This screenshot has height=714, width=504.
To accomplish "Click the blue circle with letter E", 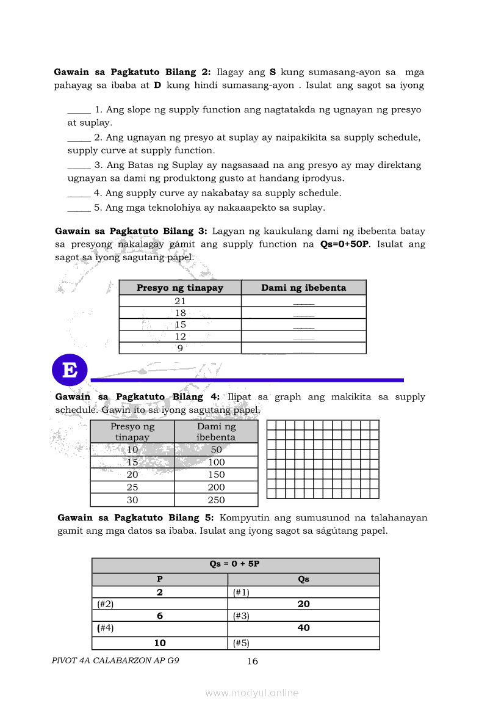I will [70, 370].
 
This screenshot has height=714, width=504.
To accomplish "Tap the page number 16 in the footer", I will [252, 661].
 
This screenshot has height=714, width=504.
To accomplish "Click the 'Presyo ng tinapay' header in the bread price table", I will [180, 288].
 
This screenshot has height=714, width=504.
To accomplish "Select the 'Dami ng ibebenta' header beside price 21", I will [303, 288].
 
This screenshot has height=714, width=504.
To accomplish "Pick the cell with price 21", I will [180, 301].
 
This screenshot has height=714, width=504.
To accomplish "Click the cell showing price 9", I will [180, 348].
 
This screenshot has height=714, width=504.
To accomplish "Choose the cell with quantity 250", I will [216, 500].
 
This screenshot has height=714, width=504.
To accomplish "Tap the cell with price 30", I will [132, 500].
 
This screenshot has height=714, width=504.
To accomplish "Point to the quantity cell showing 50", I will [216, 450].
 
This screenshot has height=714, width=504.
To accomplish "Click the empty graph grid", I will [323, 459].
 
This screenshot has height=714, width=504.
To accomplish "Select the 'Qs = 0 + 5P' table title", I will [236, 564].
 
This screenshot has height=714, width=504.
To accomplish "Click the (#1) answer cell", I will [303, 592].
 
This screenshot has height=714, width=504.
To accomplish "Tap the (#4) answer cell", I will [160, 627].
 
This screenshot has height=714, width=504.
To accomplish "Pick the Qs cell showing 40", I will [303, 627].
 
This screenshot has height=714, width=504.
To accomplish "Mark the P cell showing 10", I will [160, 643].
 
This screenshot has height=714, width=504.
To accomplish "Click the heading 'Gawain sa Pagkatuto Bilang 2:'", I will [132, 71].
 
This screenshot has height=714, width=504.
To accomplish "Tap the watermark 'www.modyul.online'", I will [252, 693].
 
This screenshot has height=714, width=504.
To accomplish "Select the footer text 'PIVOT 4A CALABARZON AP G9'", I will [116, 660].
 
